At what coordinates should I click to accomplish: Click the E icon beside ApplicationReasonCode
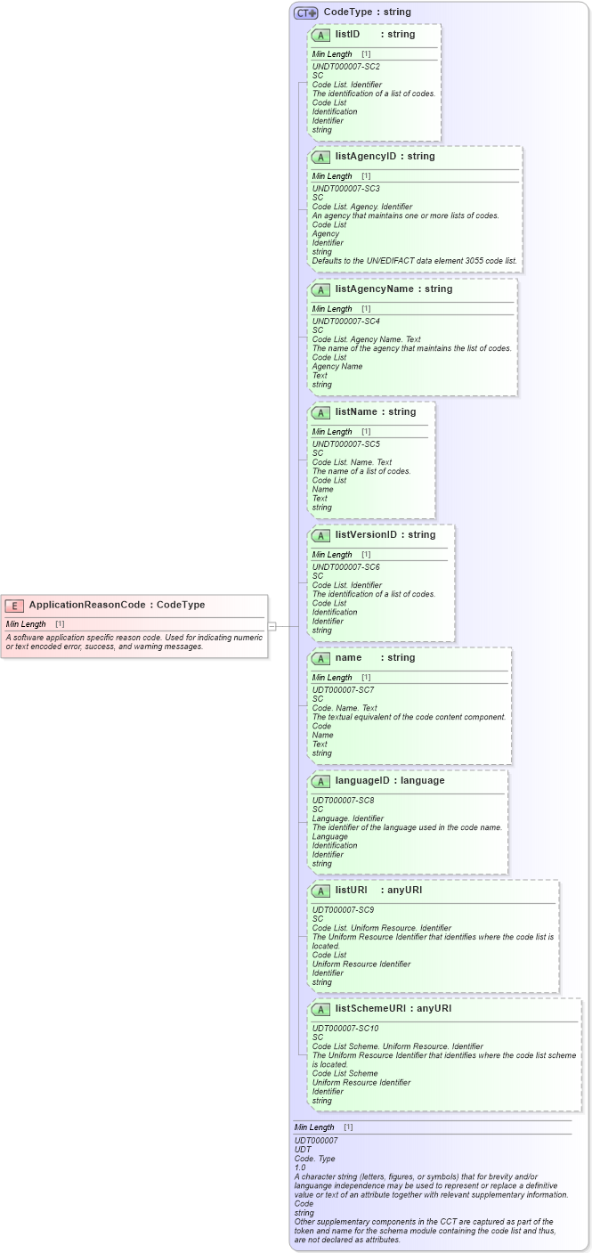pos(14,606)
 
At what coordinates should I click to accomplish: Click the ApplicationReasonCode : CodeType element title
pos(117,605)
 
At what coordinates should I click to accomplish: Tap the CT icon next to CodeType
pos(306,12)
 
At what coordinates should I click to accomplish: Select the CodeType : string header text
pos(367,12)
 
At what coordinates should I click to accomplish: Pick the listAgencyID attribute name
pos(365,156)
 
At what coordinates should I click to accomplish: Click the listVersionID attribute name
pos(367,534)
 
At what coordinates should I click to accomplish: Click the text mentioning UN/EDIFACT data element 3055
pos(414,260)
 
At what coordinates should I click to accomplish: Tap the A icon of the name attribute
pos(320,658)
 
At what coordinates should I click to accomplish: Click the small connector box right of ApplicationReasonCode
pos(272,626)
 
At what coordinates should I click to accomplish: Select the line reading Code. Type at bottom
pos(314,1159)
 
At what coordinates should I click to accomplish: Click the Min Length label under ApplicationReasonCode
pos(26,624)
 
